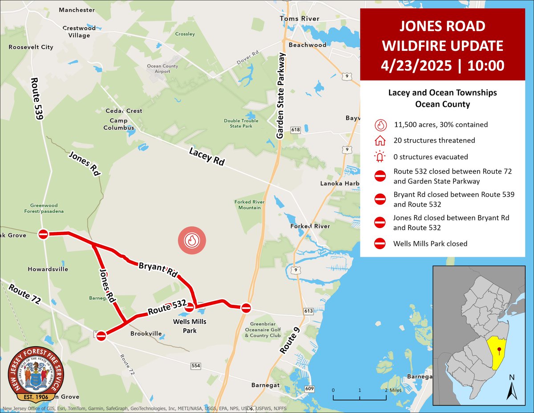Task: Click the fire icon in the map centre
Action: [192, 241]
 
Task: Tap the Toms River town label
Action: [299, 19]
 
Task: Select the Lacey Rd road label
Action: [206, 156]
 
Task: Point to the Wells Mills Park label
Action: [190, 326]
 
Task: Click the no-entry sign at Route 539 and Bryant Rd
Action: [43, 234]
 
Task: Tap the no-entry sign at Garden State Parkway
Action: [246, 307]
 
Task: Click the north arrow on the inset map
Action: [512, 388]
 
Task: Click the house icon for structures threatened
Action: [380, 141]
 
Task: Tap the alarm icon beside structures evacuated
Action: [380, 157]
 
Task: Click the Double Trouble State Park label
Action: [239, 123]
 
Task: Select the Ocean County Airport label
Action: [162, 69]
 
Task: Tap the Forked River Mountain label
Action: [250, 204]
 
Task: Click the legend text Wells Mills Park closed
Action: [430, 244]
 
